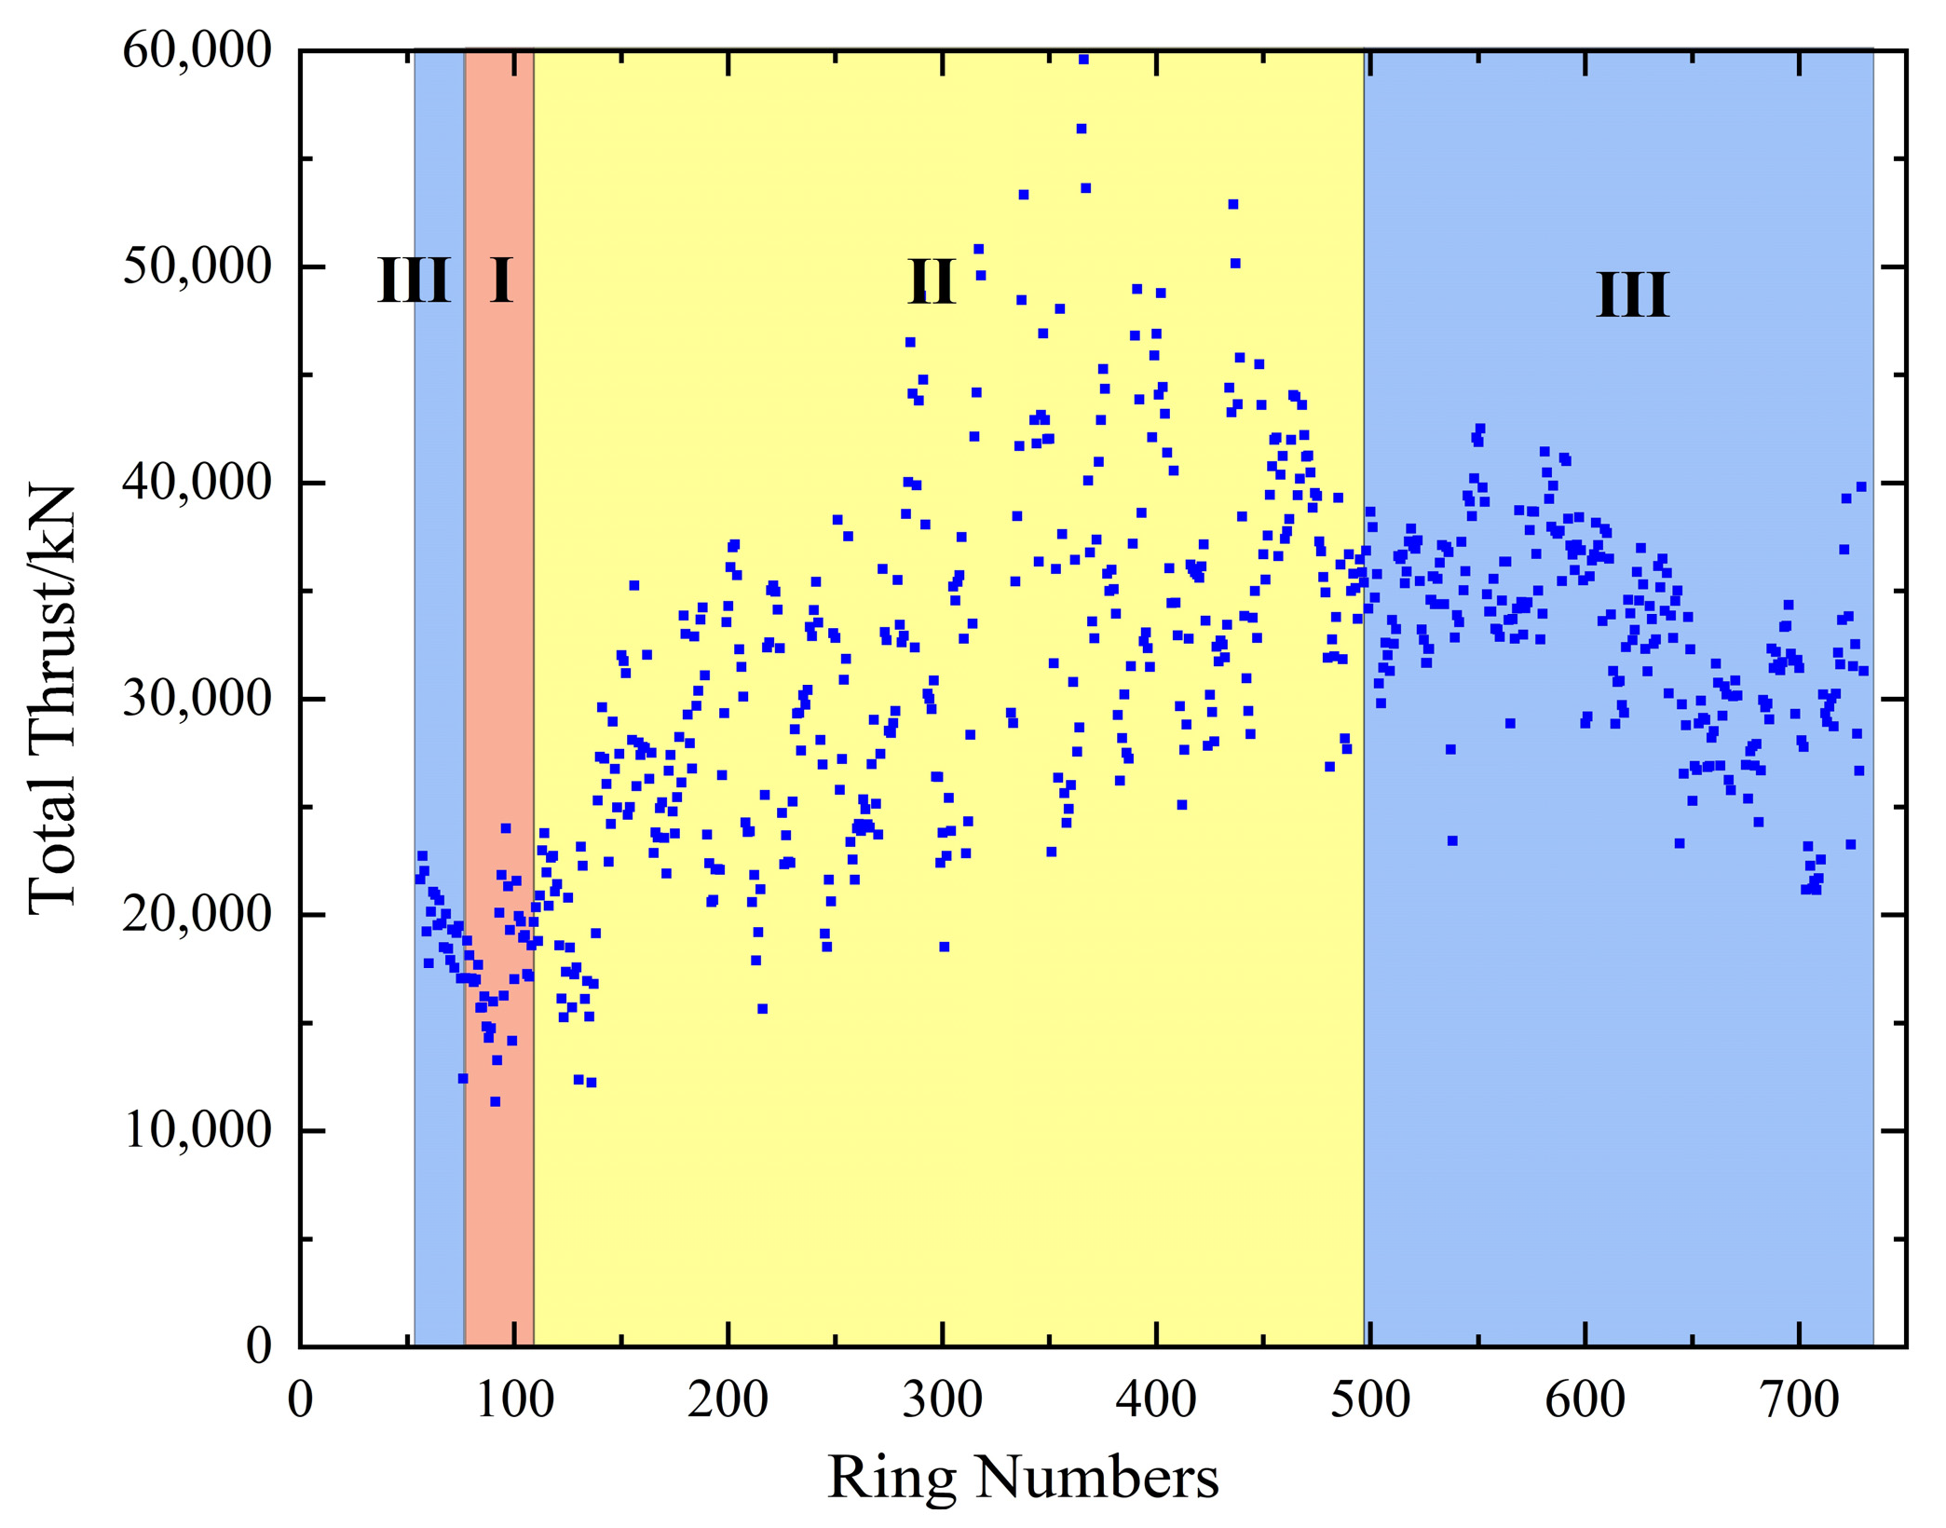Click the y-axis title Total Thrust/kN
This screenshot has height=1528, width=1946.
[x=51, y=700]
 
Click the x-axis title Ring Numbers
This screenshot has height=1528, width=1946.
[x=1023, y=1477]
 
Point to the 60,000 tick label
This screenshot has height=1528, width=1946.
[x=197, y=50]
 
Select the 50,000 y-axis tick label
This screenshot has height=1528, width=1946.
[x=197, y=266]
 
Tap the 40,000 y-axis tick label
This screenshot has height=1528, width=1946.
[x=197, y=483]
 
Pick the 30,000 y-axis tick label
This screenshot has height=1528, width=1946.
[x=197, y=699]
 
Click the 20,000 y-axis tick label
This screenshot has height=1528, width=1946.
[x=197, y=915]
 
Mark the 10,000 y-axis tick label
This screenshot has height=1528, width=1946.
[x=197, y=1131]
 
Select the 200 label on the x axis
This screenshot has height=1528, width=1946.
[x=728, y=1400]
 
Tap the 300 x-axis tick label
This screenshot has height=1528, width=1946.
[x=942, y=1400]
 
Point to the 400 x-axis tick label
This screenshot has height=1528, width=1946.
[x=1156, y=1400]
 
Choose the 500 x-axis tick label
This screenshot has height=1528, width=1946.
[x=1370, y=1400]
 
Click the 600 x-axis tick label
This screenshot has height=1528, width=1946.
[x=1585, y=1400]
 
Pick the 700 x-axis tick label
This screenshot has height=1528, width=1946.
[x=1799, y=1400]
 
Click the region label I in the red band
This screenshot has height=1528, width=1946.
[x=501, y=280]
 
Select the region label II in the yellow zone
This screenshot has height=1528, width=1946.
[x=932, y=280]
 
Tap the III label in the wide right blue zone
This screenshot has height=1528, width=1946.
[x=1632, y=295]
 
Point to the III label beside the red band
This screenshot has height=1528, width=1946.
[x=415, y=280]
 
